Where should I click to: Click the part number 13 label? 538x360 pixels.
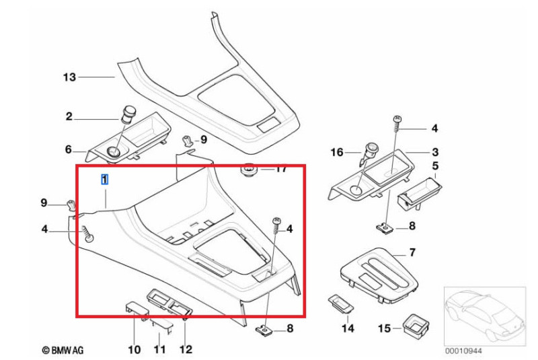[70, 77]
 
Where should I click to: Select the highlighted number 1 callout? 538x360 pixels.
[104, 179]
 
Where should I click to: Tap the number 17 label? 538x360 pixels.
[281, 169]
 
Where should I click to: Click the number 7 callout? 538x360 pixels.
[412, 252]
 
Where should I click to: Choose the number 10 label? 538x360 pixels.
[134, 349]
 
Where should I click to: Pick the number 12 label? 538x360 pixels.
[186, 349]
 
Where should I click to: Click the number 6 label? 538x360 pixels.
[68, 149]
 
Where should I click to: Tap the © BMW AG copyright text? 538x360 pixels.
[63, 350]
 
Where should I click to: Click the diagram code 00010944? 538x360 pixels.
[463, 351]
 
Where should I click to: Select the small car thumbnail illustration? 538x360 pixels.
[484, 315]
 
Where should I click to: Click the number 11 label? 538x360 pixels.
[159, 349]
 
